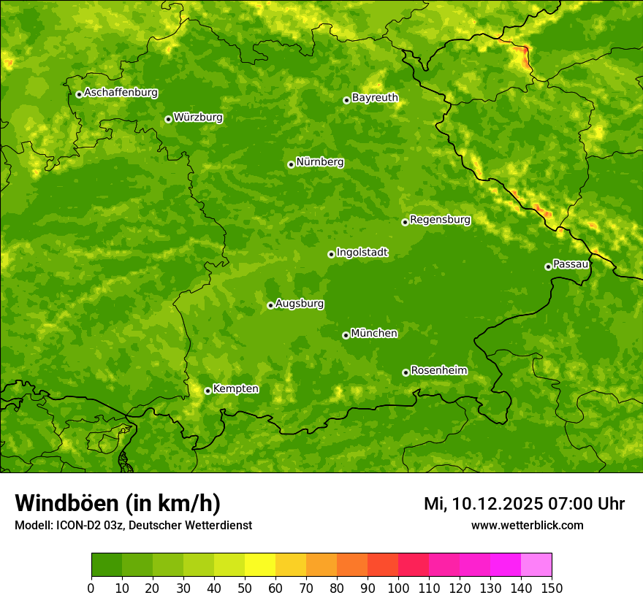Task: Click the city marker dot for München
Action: pos(346,335)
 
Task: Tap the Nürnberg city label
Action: pos(319,162)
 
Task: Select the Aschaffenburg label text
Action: pos(121,93)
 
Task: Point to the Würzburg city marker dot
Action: pos(168,119)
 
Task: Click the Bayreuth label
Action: pos(375,98)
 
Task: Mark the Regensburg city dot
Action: pos(405,222)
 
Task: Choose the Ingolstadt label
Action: pos(362,253)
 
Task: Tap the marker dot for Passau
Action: pos(548,266)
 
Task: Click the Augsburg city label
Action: pos(300,304)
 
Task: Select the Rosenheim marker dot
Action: pos(406,373)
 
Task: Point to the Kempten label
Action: pos(235,389)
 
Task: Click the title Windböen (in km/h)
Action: pos(117,503)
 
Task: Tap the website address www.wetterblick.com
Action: pos(527,525)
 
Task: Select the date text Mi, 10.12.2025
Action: pos(482,504)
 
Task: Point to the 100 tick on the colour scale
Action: pos(398,588)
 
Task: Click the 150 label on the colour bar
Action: pos(552,588)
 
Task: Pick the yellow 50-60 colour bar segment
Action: pos(260,565)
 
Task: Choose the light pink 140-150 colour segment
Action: pos(536,565)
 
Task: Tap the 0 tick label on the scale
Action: pos(91,588)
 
